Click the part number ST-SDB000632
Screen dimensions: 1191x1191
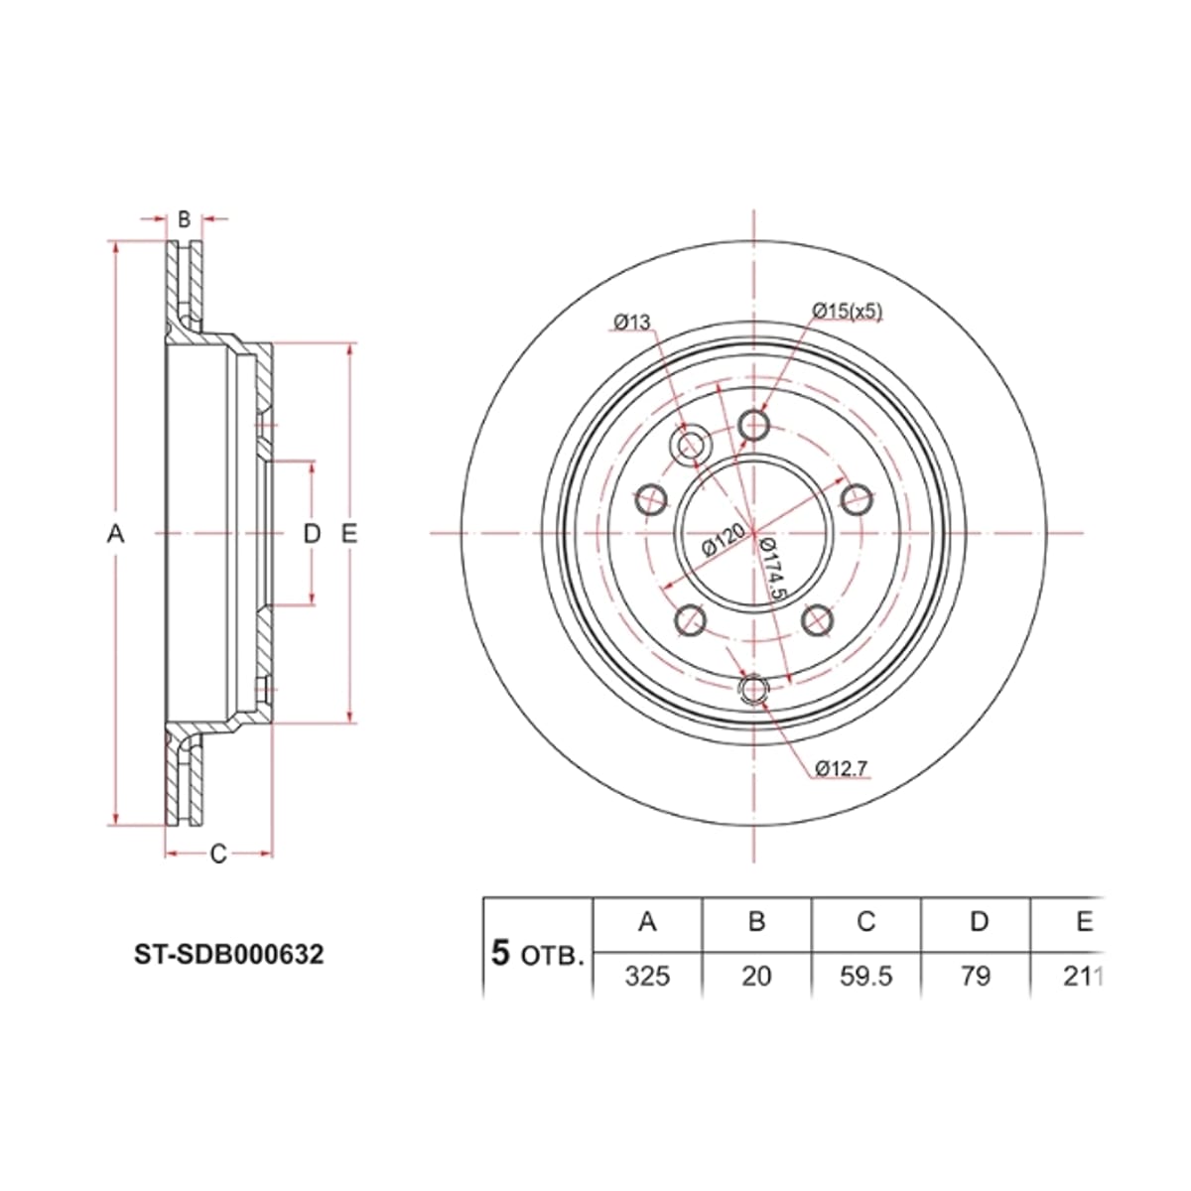(x=229, y=955)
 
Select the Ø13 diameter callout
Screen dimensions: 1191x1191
(x=631, y=322)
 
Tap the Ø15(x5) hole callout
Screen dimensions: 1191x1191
(x=847, y=311)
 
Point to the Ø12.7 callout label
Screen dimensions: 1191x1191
(x=842, y=768)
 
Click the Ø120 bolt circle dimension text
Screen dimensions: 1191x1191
(x=723, y=539)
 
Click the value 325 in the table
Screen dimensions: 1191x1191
(x=647, y=977)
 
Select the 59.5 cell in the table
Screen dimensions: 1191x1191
(x=865, y=977)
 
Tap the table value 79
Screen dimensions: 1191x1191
(x=976, y=977)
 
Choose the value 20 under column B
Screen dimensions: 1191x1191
(x=756, y=977)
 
